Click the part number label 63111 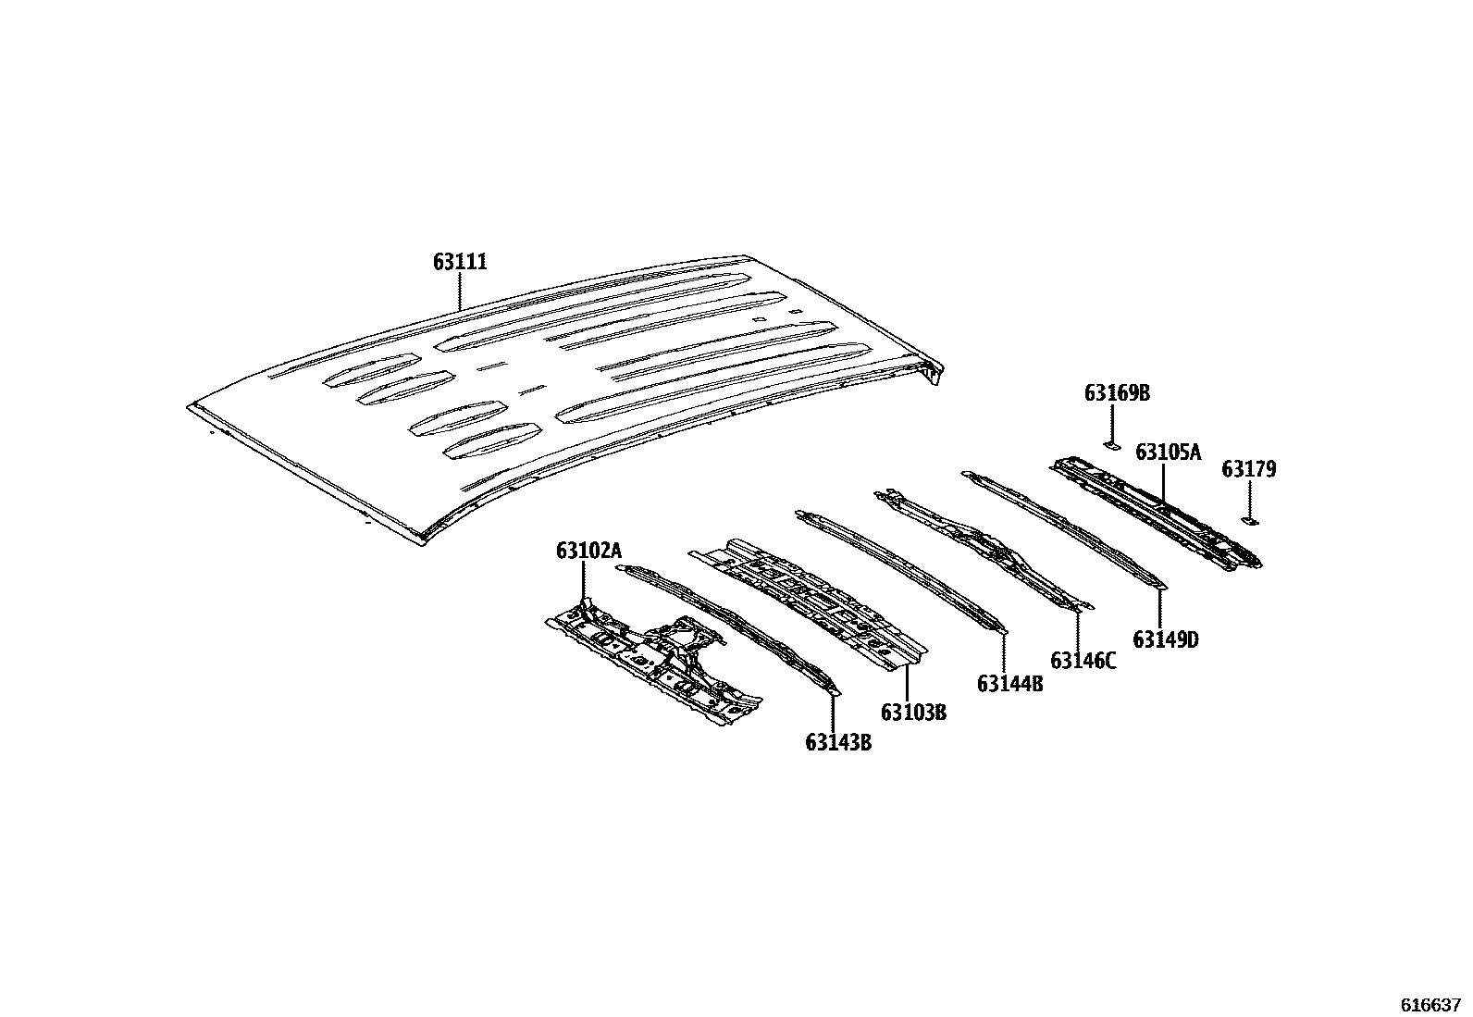tap(460, 263)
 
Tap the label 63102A tap(588, 552)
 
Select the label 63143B tap(838, 742)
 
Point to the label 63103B tap(913, 713)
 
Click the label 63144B tap(1010, 684)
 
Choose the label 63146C tap(1083, 661)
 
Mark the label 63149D tap(1166, 639)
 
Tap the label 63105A tap(1168, 453)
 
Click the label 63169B tap(1117, 393)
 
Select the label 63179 tap(1248, 469)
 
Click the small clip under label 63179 tap(1249, 522)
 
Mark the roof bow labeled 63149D tap(1064, 527)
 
